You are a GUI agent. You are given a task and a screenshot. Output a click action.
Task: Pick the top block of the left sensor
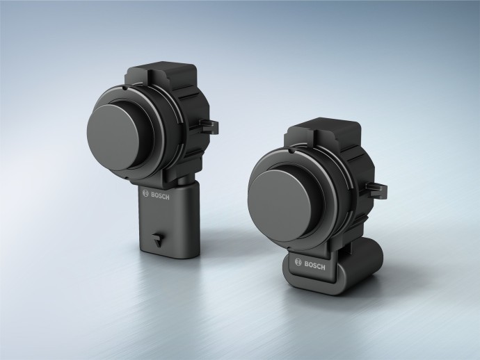tap(163, 76)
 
